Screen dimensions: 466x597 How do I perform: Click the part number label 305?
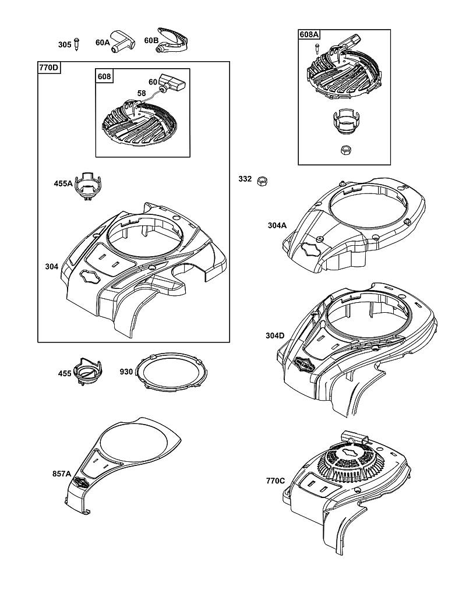click(64, 45)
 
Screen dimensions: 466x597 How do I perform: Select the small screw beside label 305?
click(77, 44)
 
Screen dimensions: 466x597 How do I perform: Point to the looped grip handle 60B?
click(172, 41)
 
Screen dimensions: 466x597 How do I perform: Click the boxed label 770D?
click(49, 68)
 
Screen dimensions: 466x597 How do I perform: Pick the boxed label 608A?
click(309, 34)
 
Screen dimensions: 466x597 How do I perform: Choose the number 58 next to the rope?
click(141, 93)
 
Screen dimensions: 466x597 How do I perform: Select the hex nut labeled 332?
click(262, 181)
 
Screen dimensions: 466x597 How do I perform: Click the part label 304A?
click(277, 225)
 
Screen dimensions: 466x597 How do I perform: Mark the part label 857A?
click(62, 474)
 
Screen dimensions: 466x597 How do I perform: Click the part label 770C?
click(276, 481)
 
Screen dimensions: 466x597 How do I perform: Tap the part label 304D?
click(275, 335)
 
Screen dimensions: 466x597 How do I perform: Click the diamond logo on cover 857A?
click(81, 482)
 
